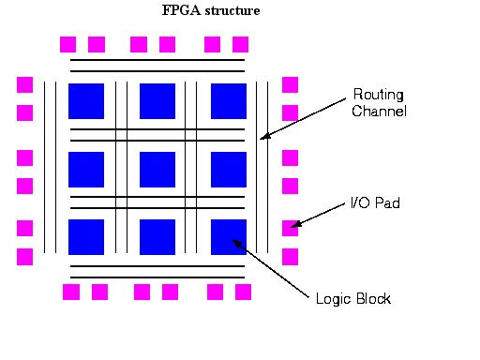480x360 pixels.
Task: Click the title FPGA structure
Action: (212, 11)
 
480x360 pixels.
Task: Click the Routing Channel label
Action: (379, 102)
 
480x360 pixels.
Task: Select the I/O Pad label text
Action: (375, 202)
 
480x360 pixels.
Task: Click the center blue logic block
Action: (157, 169)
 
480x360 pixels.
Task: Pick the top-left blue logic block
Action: (86, 100)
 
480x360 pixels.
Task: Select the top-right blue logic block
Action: (229, 100)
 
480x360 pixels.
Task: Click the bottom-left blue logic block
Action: (86, 237)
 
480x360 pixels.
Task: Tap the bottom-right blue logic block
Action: (229, 237)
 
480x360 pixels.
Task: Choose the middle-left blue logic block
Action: (86, 169)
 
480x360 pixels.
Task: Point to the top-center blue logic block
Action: (157, 100)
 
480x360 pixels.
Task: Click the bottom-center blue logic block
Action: (157, 237)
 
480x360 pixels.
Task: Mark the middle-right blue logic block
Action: (229, 169)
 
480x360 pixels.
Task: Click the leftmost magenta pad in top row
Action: (67, 44)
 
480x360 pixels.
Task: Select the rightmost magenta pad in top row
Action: (241, 44)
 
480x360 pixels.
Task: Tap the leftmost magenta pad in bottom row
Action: (71, 292)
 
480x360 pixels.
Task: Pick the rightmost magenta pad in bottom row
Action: (243, 292)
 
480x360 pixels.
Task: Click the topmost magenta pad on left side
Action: (25, 84)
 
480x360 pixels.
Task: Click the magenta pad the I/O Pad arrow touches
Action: (291, 227)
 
